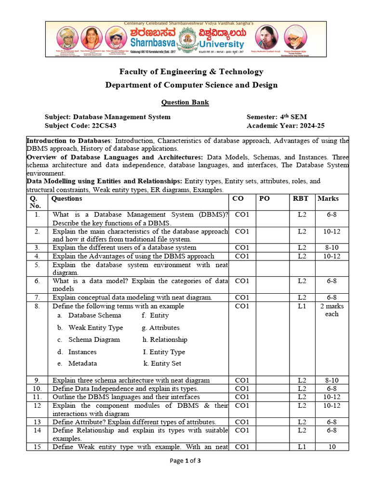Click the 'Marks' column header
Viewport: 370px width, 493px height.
tap(328, 198)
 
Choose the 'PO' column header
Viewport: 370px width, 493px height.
tap(264, 198)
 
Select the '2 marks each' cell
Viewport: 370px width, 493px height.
tap(331, 310)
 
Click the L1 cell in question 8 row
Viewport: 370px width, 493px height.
tap(302, 306)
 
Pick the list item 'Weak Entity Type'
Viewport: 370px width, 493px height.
tap(95, 327)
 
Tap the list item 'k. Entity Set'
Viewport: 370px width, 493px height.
tap(162, 363)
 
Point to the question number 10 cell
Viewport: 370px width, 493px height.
tap(37, 389)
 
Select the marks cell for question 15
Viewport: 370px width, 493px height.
tap(331, 447)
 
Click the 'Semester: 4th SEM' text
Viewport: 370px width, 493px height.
tap(277, 117)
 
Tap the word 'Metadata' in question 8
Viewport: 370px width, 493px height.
tap(82, 363)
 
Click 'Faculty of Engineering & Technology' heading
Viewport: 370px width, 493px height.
tap(191, 72)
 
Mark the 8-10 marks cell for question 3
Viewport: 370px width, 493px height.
tap(331, 247)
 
